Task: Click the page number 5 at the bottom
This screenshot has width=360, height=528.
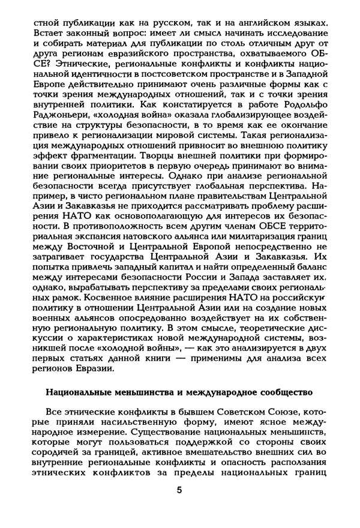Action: tap(180, 490)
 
